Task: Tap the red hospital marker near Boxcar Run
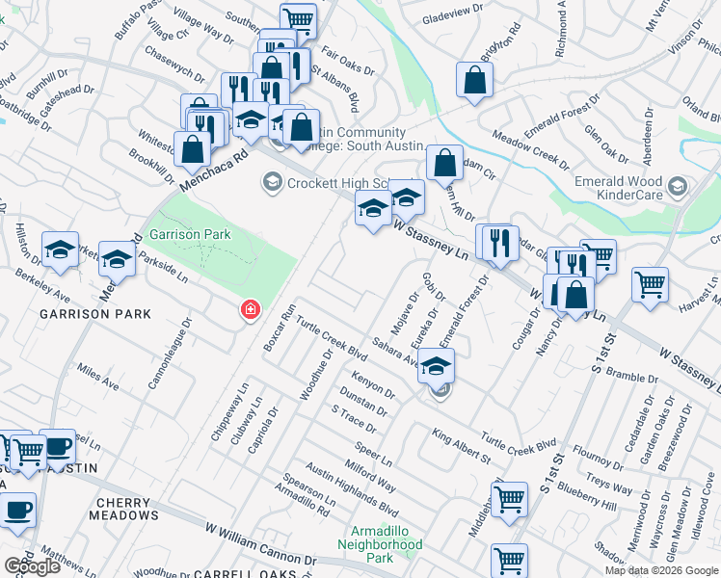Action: [251, 309]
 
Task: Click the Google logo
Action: [32, 566]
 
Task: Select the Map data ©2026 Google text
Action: [661, 570]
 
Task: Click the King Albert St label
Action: [462, 448]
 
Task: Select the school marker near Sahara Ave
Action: [437, 366]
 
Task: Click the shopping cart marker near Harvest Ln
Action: [651, 284]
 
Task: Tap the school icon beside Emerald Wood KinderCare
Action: [678, 185]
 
